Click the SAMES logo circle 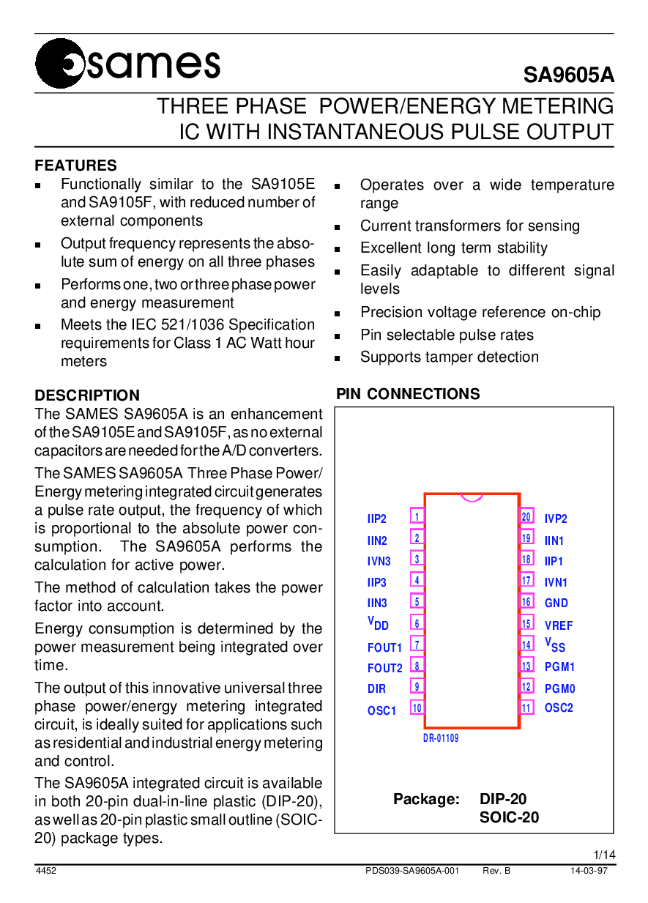(60, 64)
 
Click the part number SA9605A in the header (568, 76)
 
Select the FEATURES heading (75, 166)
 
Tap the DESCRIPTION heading (87, 395)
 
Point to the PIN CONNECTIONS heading (408, 394)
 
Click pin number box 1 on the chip (417, 516)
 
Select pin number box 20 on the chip (526, 516)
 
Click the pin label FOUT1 (384, 647)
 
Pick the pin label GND (556, 603)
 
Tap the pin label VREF (559, 625)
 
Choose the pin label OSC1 (381, 710)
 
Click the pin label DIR (376, 688)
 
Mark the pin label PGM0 (559, 688)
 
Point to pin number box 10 (417, 707)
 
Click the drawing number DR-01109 (441, 738)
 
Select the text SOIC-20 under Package (509, 817)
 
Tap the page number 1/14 (604, 855)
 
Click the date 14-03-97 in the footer (589, 871)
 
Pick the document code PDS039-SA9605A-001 (412, 871)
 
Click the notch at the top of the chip (472, 497)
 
